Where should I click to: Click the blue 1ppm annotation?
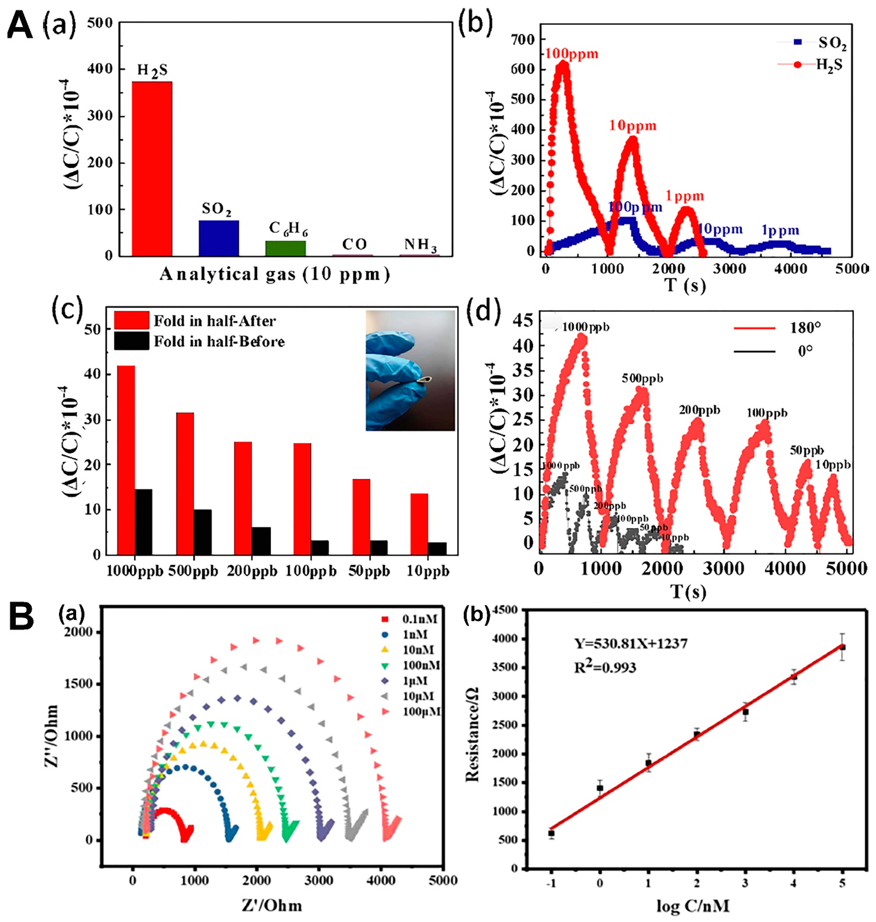click(x=780, y=230)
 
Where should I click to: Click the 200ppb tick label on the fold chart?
click(x=252, y=571)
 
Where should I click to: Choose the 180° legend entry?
click(x=777, y=328)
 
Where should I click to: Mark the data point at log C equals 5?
click(x=842, y=647)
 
